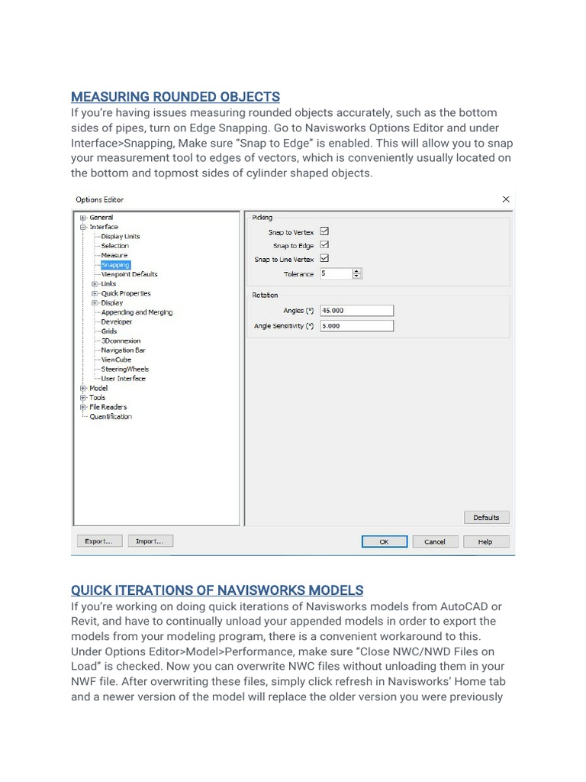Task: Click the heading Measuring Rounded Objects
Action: pos(175,97)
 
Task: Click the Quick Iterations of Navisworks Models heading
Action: pos(217,590)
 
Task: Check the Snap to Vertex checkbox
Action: pos(324,231)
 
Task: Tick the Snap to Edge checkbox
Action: pos(324,245)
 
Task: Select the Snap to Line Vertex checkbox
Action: pos(324,259)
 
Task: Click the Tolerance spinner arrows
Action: pos(357,273)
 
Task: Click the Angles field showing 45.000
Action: pos(357,311)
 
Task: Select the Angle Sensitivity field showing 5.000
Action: pos(357,326)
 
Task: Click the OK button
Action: pos(385,541)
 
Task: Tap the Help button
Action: pos(485,541)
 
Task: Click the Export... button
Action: pos(98,541)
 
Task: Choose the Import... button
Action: pos(150,541)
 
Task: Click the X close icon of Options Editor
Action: pos(505,199)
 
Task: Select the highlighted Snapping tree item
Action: pos(115,265)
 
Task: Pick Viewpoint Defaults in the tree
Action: pos(129,274)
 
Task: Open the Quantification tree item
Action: pos(111,417)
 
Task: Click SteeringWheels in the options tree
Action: pos(125,370)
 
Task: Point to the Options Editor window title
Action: pos(99,200)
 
